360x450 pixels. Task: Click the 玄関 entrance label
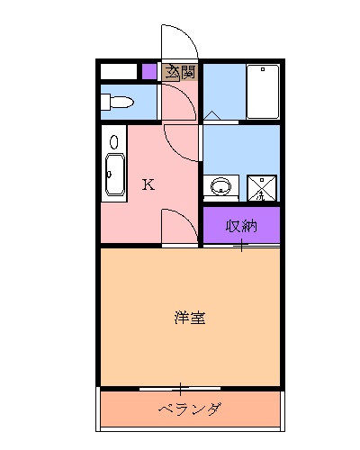[x=179, y=72]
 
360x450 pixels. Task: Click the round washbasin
[x=220, y=187]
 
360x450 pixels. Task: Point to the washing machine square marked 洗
[x=262, y=188]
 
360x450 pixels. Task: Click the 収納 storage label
[x=241, y=225]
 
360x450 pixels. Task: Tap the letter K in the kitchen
[x=148, y=185]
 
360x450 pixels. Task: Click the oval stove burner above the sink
[x=114, y=141]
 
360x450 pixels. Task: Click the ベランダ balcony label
[x=189, y=410]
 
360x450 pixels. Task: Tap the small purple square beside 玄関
[x=149, y=71]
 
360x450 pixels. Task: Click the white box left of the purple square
[x=119, y=71]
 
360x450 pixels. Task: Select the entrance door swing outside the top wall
[x=178, y=40]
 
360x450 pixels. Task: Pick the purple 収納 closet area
[x=241, y=225]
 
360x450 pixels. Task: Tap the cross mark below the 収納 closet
[x=241, y=245]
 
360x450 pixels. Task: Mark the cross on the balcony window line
[x=180, y=389]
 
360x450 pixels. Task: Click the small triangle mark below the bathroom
[x=210, y=115]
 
